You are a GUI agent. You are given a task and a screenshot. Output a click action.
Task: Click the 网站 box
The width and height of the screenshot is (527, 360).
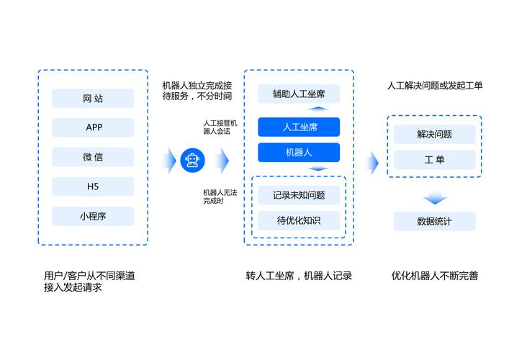point(93,99)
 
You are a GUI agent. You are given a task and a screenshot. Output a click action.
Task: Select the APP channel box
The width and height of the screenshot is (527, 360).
point(93,127)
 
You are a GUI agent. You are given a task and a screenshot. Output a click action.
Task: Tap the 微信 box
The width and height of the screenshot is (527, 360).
point(93,157)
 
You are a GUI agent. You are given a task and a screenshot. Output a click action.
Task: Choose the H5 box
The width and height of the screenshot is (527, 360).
point(93,186)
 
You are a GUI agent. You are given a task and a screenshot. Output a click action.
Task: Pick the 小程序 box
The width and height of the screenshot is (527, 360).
point(93,216)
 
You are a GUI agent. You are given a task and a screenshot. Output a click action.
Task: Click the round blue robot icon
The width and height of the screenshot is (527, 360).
point(192,159)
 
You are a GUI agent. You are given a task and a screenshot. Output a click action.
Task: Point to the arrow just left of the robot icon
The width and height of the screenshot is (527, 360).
point(169,159)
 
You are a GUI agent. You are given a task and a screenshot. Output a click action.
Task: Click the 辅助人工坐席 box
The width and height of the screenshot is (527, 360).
point(298,94)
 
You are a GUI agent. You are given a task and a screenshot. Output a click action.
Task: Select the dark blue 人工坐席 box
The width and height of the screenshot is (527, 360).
point(298,127)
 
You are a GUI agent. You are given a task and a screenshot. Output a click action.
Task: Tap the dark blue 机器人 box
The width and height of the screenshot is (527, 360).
point(298,153)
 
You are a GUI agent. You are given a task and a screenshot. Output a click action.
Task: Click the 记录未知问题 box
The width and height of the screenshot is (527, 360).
point(298,195)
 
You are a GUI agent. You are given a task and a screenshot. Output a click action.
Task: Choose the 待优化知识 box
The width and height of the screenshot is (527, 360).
point(298,220)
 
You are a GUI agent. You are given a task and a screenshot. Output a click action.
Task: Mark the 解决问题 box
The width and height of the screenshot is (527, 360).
point(434,134)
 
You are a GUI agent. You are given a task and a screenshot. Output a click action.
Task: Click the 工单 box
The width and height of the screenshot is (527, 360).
point(434,160)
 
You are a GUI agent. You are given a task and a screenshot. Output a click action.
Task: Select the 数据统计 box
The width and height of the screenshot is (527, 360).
point(434,221)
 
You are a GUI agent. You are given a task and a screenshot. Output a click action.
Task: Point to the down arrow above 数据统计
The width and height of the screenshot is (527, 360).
point(435,198)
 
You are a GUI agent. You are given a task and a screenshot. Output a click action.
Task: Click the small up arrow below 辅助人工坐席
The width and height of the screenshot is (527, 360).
point(319,109)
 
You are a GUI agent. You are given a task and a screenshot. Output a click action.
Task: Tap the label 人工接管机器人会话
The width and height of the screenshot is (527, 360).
point(220,127)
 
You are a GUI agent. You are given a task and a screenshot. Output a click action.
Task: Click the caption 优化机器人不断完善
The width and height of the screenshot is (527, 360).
point(435,276)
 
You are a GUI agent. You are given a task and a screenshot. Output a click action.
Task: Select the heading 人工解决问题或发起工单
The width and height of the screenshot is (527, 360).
point(435,86)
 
